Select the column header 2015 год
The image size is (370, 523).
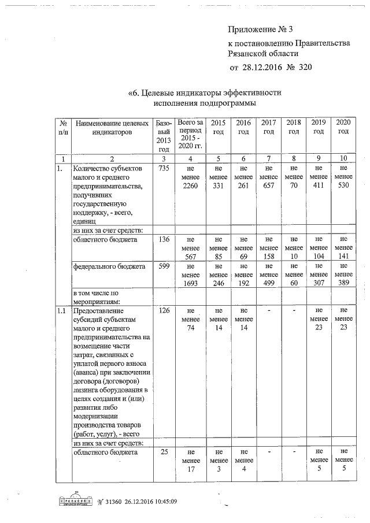click(x=218, y=127)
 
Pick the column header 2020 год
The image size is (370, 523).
click(x=343, y=127)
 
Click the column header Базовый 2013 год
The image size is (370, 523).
click(x=162, y=136)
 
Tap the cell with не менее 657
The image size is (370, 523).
click(x=268, y=177)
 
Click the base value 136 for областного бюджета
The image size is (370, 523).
click(x=162, y=239)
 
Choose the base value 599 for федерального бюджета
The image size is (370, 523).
click(x=162, y=266)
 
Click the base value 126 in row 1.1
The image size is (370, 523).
click(x=162, y=311)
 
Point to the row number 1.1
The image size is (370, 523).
click(x=60, y=311)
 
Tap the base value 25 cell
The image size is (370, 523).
click(x=164, y=452)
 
